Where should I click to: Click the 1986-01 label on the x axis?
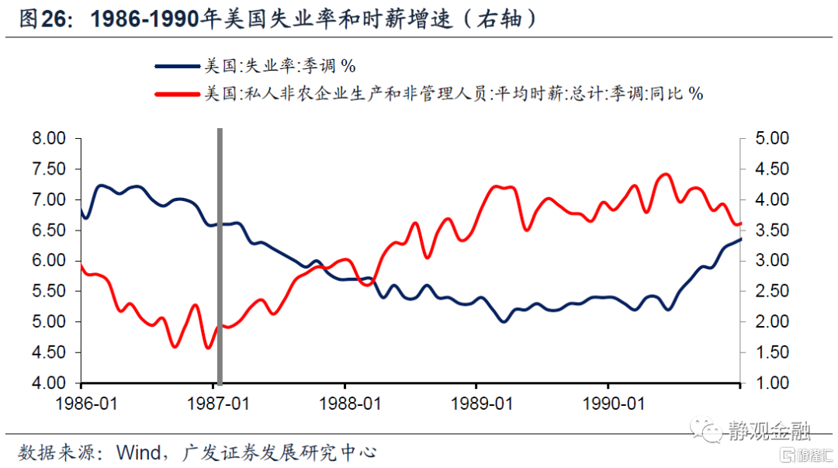point(82,404)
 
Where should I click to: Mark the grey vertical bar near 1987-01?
point(220,256)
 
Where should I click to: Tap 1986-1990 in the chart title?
point(144,19)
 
